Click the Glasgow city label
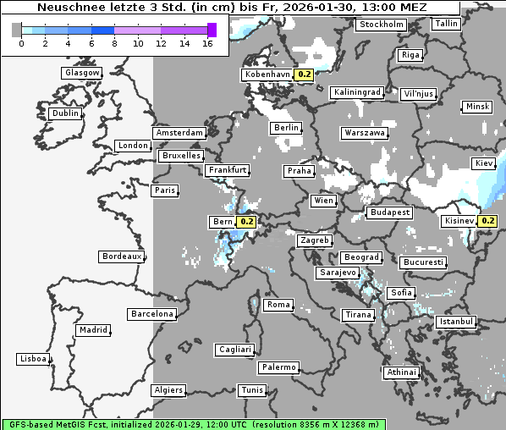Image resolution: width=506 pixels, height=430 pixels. pos(82,73)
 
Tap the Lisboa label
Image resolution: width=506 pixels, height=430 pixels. pos(32,359)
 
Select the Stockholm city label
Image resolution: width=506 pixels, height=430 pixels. pos(380,25)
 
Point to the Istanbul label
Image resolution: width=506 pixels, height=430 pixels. pos(456,322)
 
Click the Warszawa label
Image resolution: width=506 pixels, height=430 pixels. pos(365,133)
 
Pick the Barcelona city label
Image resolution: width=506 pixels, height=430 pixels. pos(151,314)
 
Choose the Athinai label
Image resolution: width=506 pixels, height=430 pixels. pos(401,372)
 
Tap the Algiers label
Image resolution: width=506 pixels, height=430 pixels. pos(168,390)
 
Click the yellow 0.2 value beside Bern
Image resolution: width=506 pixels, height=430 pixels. pos(247,223)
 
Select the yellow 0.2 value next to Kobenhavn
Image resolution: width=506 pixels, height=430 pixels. pos(305,74)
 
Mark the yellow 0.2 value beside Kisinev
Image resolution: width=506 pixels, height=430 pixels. pos(488,222)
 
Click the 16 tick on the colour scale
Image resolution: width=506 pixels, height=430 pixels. pos(207,43)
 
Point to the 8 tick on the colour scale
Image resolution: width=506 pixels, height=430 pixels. pos(114,43)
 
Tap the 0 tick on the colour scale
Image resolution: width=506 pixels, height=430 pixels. pos(21,43)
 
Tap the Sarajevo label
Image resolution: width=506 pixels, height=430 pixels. pos(338,273)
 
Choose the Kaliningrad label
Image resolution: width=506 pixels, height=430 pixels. pos(357,91)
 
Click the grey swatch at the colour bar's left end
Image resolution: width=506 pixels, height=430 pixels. pos(17,30)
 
